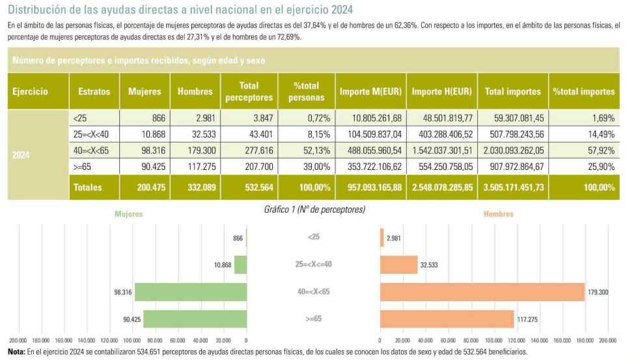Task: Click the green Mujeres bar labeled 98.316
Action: point(190,292)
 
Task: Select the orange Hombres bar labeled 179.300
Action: point(482,292)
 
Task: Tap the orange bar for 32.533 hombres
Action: point(398,265)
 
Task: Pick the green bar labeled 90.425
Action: point(195,319)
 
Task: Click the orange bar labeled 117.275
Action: point(447,319)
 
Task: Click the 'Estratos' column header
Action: point(94,92)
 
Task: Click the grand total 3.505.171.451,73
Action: point(513,187)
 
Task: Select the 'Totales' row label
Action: point(88,187)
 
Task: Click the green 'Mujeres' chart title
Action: point(128,214)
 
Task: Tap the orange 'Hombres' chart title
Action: point(498,214)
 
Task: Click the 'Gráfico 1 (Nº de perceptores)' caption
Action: point(314,210)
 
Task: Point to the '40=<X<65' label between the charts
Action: point(313,292)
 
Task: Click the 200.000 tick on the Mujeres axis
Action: point(18,340)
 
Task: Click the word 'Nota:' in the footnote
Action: point(16,352)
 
